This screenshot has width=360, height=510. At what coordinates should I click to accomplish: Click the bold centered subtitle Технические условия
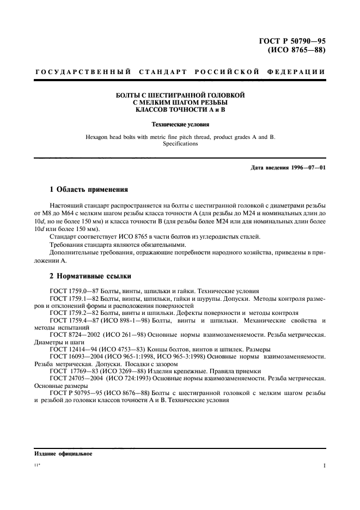(x=180, y=124)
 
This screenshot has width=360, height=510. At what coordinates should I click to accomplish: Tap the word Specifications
(x=180, y=144)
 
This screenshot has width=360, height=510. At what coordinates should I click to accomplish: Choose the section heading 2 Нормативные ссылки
(x=90, y=276)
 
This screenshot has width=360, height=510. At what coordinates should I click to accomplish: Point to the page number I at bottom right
(x=324, y=467)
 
